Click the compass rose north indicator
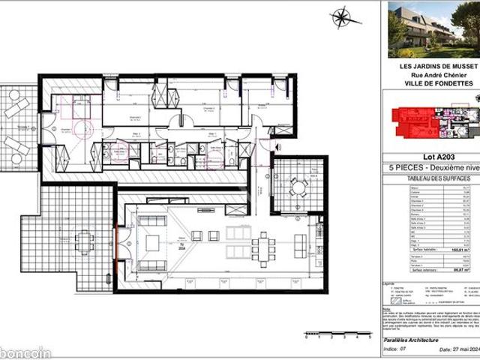[343, 17]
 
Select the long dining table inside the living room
[263, 244]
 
